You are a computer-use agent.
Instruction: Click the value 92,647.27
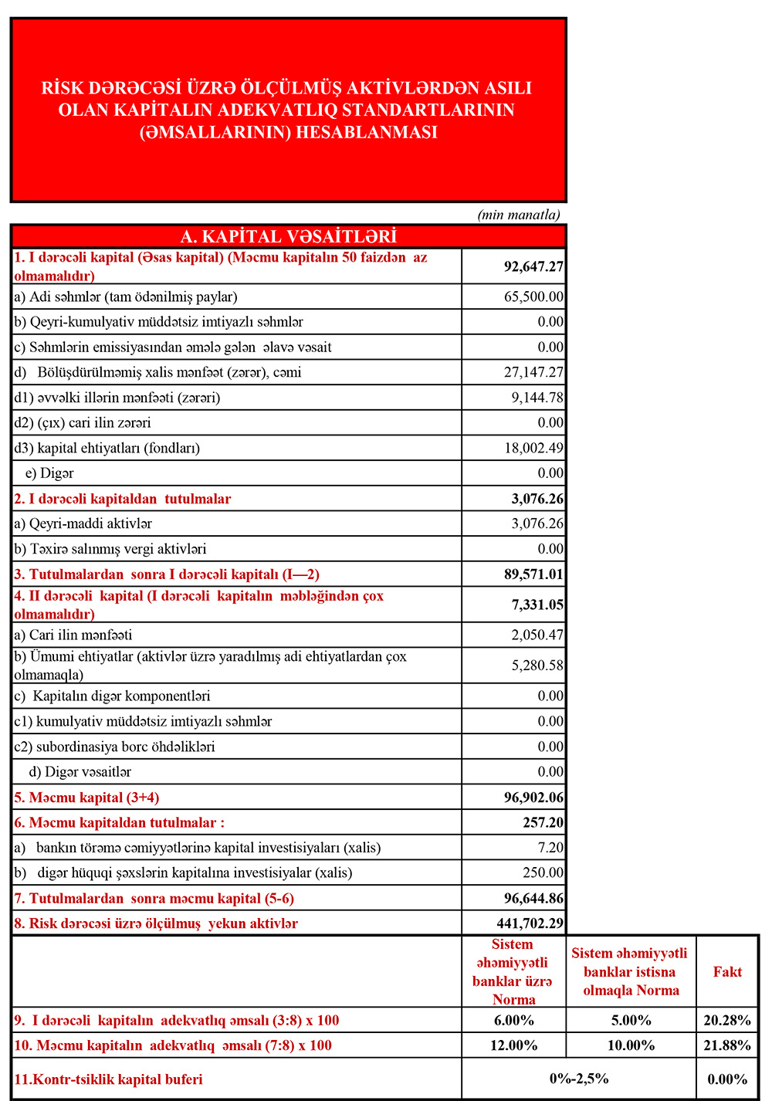533,266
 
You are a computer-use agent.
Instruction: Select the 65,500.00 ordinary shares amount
533,296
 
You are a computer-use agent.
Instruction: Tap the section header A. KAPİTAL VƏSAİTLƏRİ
288,236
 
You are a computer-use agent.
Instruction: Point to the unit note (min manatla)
519,215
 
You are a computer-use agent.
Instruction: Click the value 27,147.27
533,372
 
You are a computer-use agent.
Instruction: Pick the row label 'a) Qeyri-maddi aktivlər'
83,523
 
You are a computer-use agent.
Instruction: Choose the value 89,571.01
533,574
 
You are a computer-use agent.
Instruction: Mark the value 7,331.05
537,605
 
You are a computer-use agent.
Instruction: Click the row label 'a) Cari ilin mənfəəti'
73,635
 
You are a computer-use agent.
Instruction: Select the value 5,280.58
537,665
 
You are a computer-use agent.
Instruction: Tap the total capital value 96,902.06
533,798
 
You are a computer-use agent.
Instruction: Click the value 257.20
543,822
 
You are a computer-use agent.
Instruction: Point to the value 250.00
543,872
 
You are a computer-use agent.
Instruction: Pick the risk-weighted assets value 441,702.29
530,923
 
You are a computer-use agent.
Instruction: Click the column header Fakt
727,971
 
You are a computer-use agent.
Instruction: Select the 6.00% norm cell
514,1020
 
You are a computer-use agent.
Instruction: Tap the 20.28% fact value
727,1020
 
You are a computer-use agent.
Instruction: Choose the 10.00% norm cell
631,1045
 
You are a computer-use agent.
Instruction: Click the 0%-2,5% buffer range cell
579,1079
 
